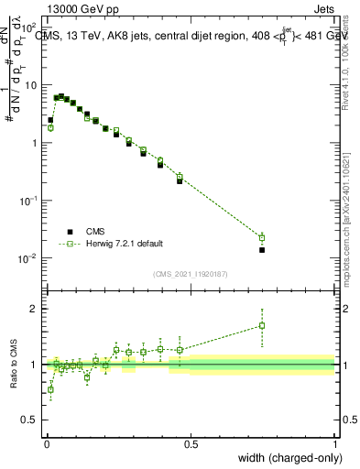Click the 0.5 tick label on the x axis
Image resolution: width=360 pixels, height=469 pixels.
[190, 443]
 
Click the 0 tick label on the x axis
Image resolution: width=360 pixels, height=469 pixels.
[46, 443]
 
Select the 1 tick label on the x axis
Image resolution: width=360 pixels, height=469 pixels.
[335, 443]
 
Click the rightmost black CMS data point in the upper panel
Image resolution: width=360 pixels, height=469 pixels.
[262, 249]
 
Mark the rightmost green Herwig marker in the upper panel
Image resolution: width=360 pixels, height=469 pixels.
[262, 238]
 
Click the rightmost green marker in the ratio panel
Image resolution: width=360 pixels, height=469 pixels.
[262, 325]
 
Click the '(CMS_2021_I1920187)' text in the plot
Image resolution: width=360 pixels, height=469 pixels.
[190, 273]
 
